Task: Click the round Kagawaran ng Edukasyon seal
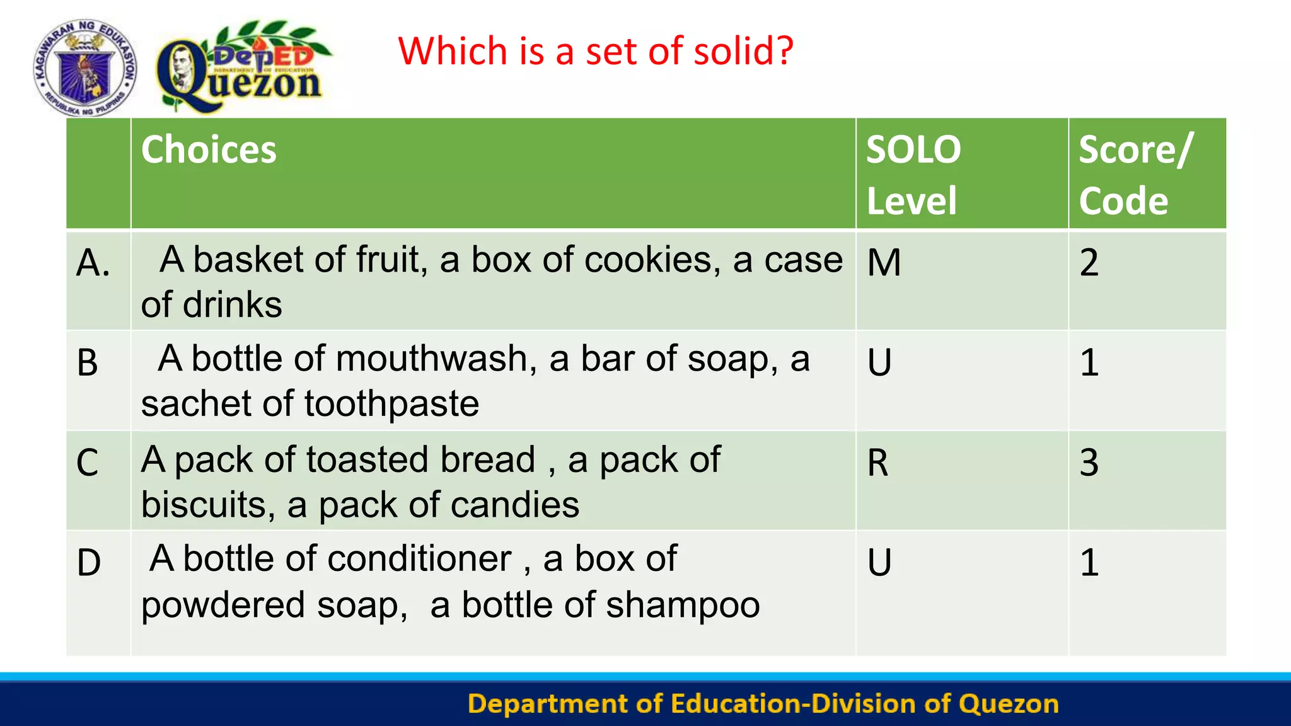(85, 67)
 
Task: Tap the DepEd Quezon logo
(243, 68)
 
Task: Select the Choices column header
(209, 150)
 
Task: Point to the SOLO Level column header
(913, 175)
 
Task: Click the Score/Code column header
(1135, 175)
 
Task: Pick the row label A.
(93, 263)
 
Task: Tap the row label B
(88, 363)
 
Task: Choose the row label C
(88, 463)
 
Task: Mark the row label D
(89, 563)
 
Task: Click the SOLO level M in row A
(884, 263)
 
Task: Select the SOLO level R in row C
(877, 463)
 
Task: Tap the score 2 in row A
(1089, 263)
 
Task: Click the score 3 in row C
(1089, 463)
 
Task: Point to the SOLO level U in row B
(879, 363)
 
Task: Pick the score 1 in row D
(1089, 563)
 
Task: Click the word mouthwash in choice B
(436, 359)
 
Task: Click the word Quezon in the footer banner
(1008, 704)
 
